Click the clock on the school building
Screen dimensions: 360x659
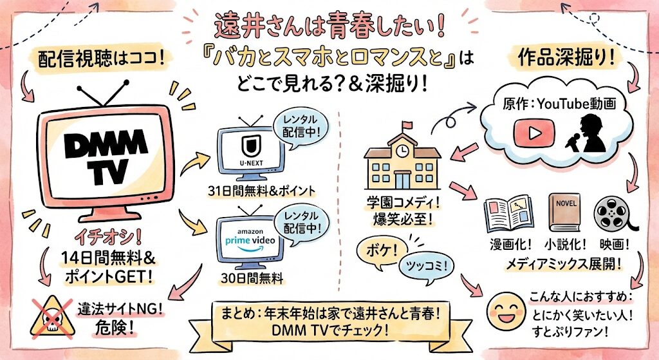point(403,149)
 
